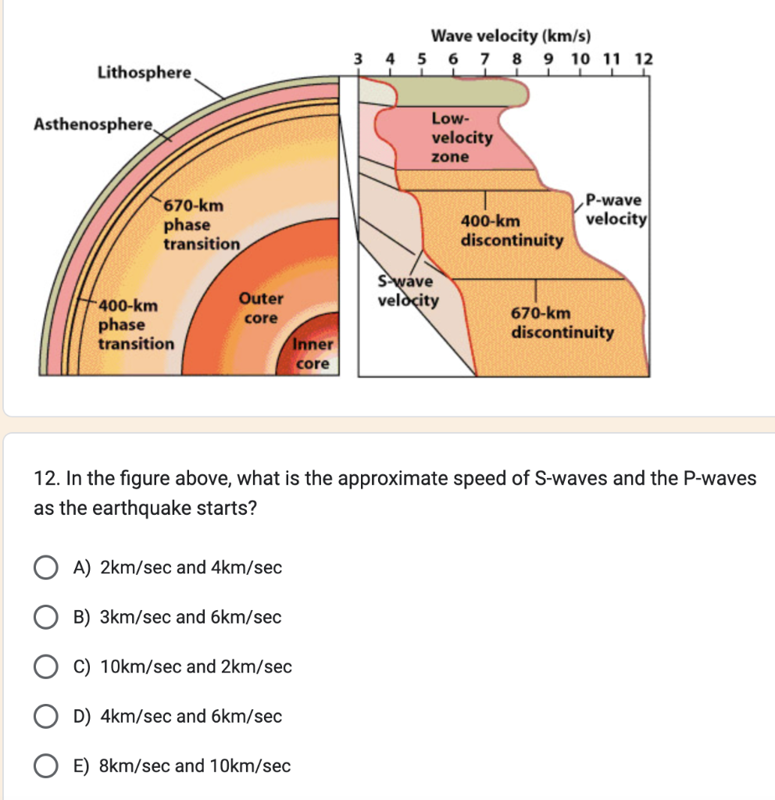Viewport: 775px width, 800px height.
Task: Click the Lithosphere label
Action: [x=145, y=73]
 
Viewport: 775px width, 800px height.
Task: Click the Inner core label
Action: [x=313, y=354]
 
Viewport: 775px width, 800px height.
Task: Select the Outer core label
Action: [x=261, y=308]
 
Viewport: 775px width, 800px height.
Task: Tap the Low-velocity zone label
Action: [x=462, y=137]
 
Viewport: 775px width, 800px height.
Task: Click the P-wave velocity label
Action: [x=616, y=209]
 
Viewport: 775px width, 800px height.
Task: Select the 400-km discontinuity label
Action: [x=511, y=230]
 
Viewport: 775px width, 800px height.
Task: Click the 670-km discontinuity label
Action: [x=562, y=323]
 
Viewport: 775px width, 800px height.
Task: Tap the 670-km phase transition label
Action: [x=202, y=225]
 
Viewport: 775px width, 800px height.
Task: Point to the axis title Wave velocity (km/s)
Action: [x=511, y=36]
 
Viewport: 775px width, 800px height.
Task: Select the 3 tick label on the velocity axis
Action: [x=359, y=59]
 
